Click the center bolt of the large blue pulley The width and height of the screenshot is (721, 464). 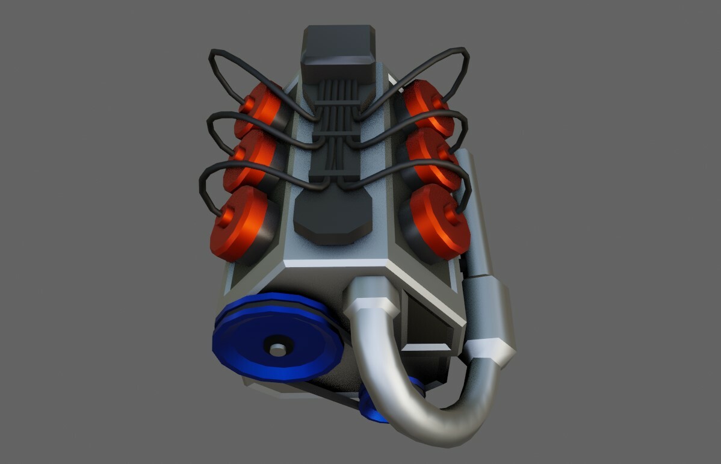tap(277, 348)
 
